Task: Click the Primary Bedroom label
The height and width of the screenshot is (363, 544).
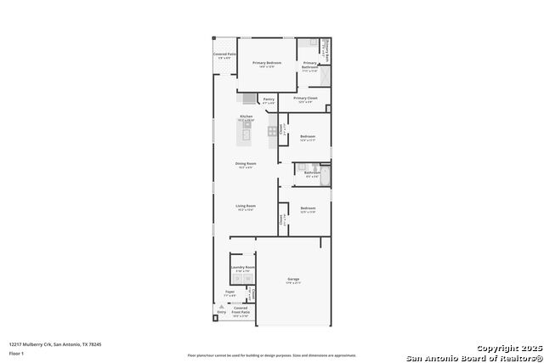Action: (x=267, y=64)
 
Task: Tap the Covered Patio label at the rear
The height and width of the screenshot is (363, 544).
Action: (x=224, y=55)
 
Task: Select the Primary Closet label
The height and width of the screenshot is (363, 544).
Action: (x=306, y=99)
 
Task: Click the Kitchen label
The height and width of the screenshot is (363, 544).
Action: (x=246, y=117)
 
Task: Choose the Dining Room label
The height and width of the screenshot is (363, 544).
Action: (x=246, y=165)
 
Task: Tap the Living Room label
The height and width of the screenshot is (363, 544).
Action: (x=246, y=207)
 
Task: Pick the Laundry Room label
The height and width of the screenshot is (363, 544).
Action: (x=242, y=268)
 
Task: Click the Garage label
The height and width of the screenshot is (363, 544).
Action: (x=292, y=280)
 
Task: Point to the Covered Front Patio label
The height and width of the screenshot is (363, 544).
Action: (x=241, y=309)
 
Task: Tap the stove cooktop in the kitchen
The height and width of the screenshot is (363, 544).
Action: (x=273, y=131)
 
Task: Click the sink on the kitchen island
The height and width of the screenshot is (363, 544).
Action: (x=246, y=133)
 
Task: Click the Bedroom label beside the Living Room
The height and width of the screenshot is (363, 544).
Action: (x=308, y=209)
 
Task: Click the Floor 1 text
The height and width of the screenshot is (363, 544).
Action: (x=17, y=353)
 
